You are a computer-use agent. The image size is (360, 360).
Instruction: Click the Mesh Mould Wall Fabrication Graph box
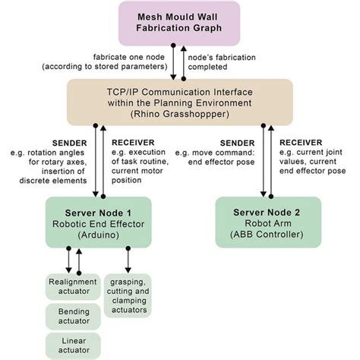tap(179, 24)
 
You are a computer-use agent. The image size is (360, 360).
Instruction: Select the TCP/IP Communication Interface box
tap(179, 102)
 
